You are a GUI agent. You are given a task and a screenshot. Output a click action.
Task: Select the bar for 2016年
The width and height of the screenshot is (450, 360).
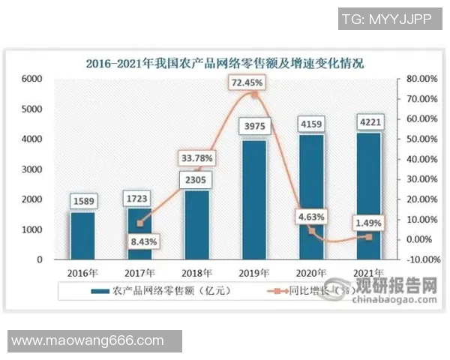pos(82,235)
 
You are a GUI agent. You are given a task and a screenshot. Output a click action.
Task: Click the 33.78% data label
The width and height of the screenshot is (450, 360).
pos(196,158)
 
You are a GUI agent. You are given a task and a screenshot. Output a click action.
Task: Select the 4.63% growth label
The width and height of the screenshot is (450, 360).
pos(309,217)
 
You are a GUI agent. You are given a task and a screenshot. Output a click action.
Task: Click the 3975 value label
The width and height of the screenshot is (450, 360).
pos(254,125)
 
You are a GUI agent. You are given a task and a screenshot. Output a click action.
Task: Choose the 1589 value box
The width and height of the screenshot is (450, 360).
pos(82,200)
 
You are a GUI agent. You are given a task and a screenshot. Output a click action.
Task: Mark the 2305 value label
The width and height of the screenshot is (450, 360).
pos(197,180)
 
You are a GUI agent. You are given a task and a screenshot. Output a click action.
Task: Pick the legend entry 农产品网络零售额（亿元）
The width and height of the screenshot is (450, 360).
pos(157,291)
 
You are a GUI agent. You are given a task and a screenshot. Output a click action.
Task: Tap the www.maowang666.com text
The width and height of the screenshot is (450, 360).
pos(88,341)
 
